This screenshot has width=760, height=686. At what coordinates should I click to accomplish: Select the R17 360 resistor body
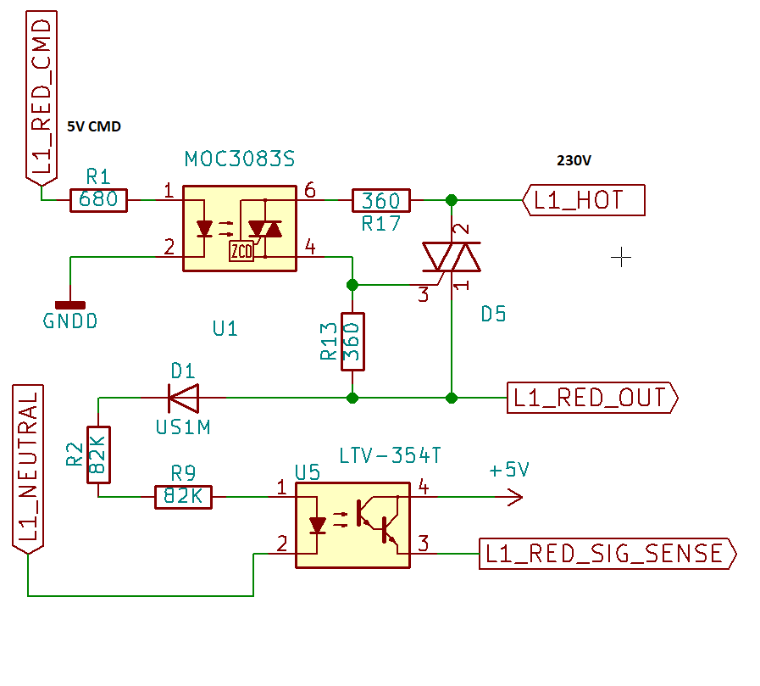coord(380,201)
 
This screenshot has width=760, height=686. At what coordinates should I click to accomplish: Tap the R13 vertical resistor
coord(352,341)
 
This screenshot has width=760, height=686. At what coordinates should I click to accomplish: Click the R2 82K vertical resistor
coord(98,455)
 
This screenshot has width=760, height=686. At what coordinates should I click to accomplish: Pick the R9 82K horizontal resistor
coord(183,497)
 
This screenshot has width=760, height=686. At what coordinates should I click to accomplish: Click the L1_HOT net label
coord(585,201)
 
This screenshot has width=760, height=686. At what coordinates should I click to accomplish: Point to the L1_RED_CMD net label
coord(42,98)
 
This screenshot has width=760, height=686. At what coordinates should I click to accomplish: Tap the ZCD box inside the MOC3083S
coord(241,250)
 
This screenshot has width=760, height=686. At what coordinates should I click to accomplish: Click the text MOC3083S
coord(240,159)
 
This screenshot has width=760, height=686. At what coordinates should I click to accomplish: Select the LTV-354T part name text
coord(390,456)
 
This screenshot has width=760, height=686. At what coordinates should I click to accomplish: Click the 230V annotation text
coord(574,160)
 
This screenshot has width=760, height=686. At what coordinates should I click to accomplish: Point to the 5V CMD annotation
coord(94,127)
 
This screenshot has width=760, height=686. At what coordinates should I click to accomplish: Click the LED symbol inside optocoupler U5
coord(318,525)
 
